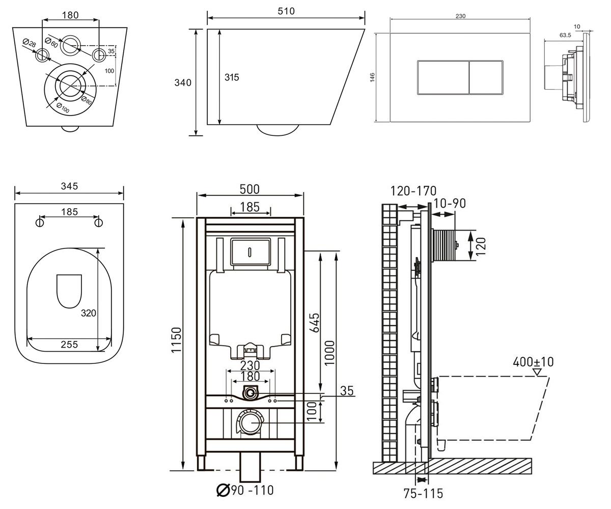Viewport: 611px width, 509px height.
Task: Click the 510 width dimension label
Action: [x=286, y=11]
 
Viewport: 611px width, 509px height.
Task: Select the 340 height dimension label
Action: [x=183, y=82]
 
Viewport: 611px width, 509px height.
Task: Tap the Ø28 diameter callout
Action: [x=29, y=43]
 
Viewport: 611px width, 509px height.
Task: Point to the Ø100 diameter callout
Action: [x=63, y=107]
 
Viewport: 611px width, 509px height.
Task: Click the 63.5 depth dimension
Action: [x=565, y=35]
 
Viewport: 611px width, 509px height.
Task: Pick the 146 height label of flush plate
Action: [x=372, y=77]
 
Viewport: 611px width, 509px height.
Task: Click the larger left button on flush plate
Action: [x=443, y=78]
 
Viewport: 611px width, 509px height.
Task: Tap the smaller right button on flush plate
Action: [x=486, y=78]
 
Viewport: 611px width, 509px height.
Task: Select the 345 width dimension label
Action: [x=69, y=186]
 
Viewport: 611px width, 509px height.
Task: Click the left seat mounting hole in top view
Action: [x=40, y=222]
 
